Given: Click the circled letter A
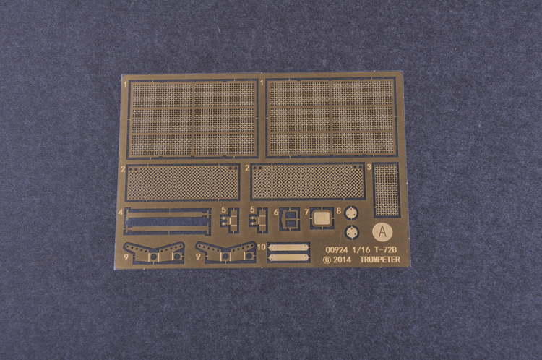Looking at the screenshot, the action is pos(382,231).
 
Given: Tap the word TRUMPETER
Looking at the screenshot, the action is pos(380,260).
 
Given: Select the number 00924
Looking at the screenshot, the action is pos(337,249).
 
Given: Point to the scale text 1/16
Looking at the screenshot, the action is pos(361,249).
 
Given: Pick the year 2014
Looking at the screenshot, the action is pos(342,260).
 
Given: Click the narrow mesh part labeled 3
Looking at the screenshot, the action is pos(387,189).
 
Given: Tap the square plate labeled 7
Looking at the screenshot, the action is pos(322,218).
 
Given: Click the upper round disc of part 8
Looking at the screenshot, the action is pos(351,213).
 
